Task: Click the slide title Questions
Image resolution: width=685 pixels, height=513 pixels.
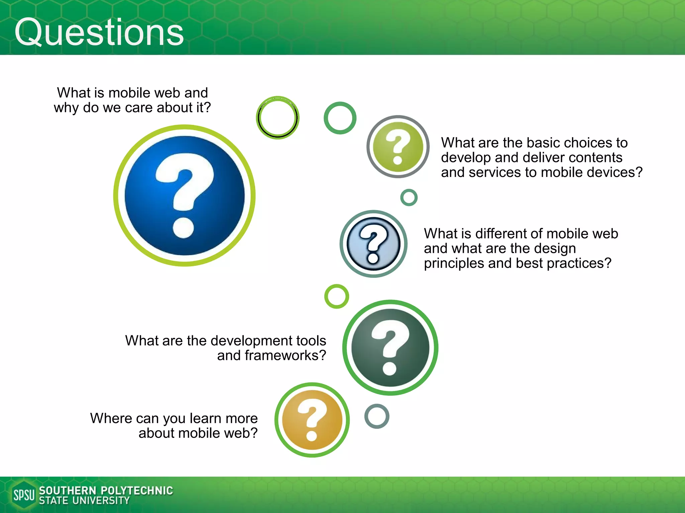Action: [99, 32]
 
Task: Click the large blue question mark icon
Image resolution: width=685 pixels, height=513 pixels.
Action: [184, 195]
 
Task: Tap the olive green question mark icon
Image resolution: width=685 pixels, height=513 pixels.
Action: [398, 147]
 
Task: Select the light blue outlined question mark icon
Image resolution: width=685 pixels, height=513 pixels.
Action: [373, 244]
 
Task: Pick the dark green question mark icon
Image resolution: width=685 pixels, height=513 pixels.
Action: [390, 348]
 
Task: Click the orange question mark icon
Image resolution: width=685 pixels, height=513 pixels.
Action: [312, 420]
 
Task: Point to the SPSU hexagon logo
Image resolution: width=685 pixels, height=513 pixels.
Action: [23, 495]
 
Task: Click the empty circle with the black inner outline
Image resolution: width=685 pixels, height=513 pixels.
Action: [278, 118]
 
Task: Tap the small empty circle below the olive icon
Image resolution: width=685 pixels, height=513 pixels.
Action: [409, 197]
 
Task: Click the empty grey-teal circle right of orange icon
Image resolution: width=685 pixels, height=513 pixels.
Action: [377, 416]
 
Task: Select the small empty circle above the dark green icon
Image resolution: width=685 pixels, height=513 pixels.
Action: [336, 296]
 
